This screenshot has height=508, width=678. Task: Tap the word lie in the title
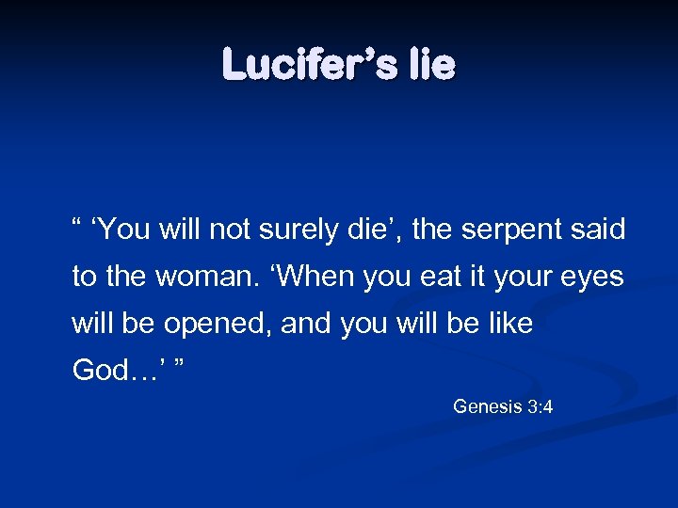[x=431, y=65]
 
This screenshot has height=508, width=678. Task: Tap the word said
[x=596, y=230]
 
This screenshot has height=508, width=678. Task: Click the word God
[x=98, y=371]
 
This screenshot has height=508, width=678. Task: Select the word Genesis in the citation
[x=487, y=406]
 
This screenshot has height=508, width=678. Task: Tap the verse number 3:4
[x=541, y=406]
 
